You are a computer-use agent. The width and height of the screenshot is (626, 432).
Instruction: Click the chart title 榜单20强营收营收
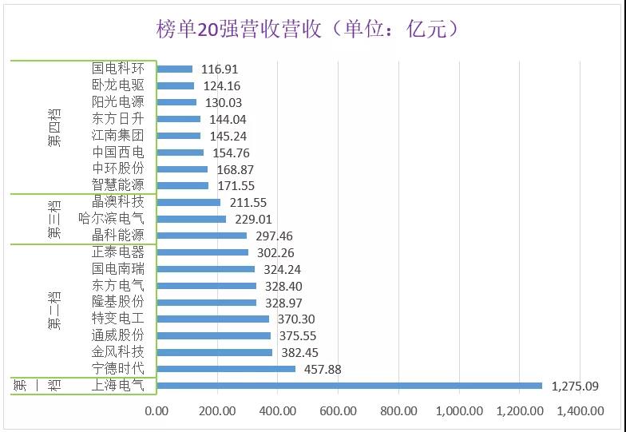pos(307,30)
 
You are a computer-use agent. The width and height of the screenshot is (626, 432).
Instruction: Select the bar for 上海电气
pos(349,386)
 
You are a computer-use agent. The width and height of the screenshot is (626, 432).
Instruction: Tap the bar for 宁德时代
pos(226,369)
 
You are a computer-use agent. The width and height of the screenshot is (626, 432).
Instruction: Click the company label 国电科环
pos(118,69)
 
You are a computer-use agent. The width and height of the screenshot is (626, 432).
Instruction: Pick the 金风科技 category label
pos(118,352)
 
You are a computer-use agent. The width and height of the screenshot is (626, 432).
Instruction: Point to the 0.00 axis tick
pos(156,411)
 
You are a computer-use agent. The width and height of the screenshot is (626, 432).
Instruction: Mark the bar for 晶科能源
pos(202,236)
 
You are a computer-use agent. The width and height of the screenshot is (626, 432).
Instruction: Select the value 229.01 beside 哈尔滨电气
pos(252,219)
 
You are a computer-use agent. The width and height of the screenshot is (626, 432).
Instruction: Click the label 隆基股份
pos(118,302)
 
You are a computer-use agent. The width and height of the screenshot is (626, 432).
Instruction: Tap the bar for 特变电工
pos(212,319)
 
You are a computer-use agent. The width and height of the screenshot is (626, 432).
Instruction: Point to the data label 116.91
pos(220,69)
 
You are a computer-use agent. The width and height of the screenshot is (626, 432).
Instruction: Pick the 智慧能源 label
pos(118,185)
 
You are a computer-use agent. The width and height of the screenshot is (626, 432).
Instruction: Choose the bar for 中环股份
pos(182,168)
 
